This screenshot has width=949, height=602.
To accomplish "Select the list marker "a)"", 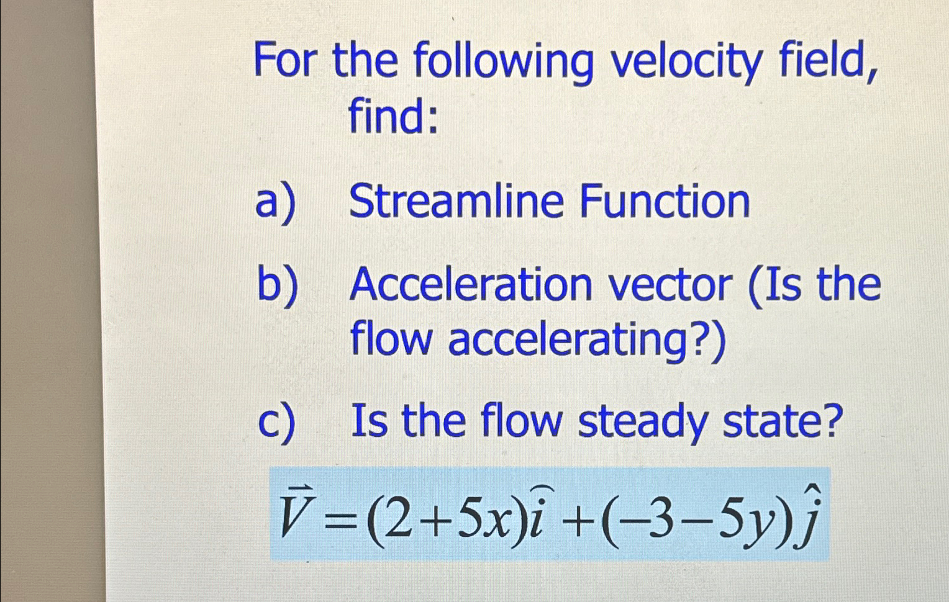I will point(275,202).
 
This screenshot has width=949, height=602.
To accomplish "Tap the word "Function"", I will point(665,201).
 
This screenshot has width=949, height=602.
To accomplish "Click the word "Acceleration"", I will point(471,285).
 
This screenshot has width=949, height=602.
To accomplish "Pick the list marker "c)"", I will point(276,422).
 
